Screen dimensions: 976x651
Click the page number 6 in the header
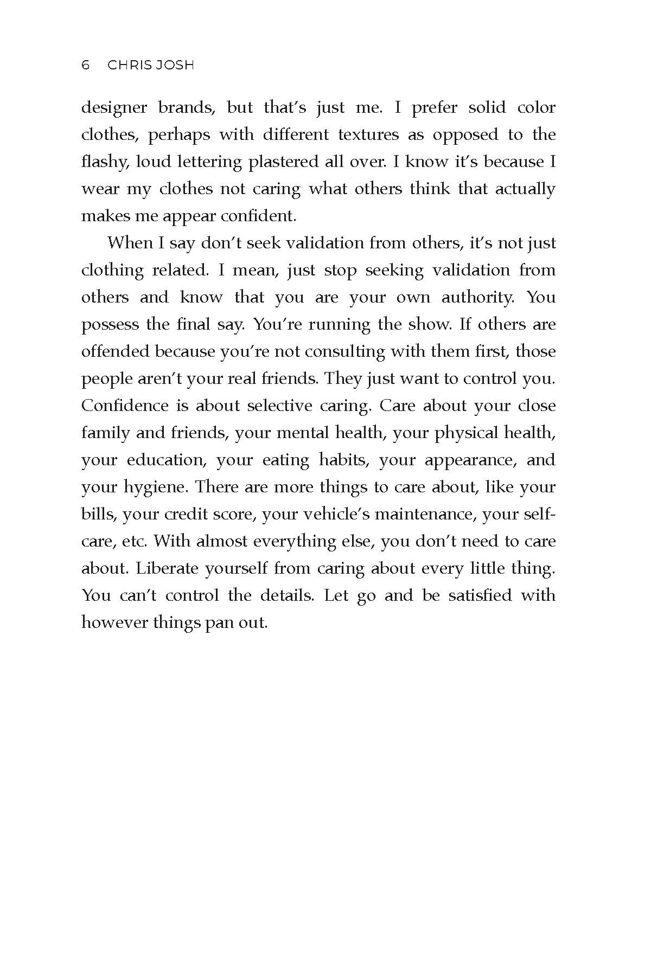point(85,65)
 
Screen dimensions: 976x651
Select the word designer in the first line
point(114,108)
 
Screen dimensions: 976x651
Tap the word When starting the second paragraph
point(130,243)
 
